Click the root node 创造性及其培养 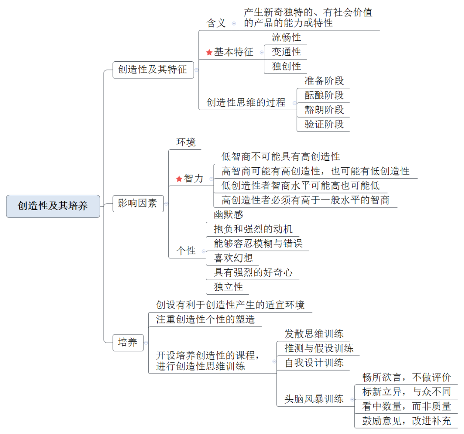tap(53, 206)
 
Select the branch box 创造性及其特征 tap(153, 70)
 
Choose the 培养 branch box tap(128, 342)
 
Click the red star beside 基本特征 tap(209, 52)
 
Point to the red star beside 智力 tap(179, 179)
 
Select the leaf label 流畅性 tap(286, 37)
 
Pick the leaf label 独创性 tap(286, 66)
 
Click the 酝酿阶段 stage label tap(324, 95)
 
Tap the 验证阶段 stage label tap(324, 124)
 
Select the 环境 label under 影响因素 tap(186, 142)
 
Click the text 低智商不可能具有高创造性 tap(281, 157)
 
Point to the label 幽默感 tap(228, 214)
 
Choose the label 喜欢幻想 tap(233, 258)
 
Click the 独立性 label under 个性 tap(228, 287)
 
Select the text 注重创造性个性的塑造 tap(205, 319)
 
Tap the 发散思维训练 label tap(314, 334)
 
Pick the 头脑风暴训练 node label tap(314, 399)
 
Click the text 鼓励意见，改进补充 tap(406, 421)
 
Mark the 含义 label tap(216, 23)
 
